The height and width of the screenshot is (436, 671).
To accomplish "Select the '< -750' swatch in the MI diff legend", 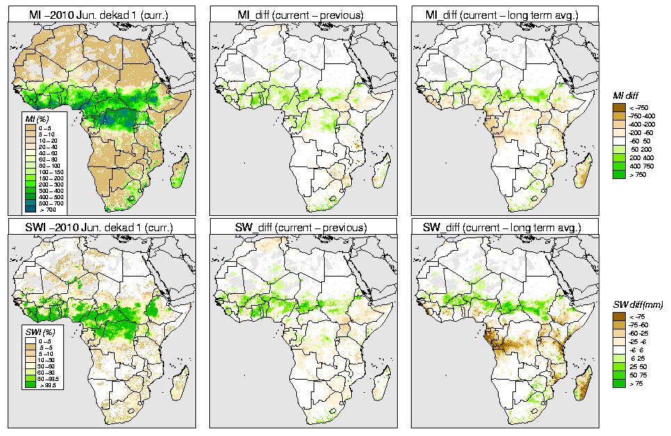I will [617, 107].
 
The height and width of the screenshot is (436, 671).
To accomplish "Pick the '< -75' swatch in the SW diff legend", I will [617, 317].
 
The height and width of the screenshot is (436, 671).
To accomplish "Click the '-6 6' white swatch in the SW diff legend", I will [617, 350].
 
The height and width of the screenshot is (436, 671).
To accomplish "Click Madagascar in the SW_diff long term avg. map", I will [585, 377].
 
